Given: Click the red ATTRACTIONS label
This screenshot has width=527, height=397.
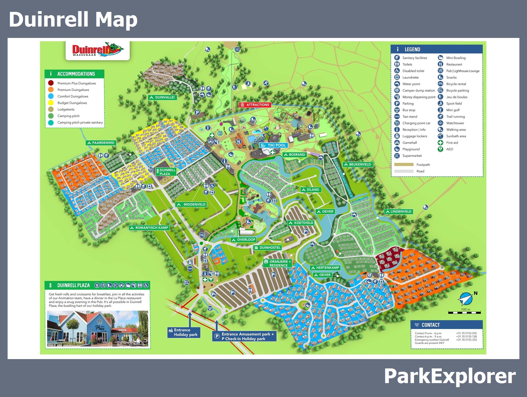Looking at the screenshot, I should pyautogui.click(x=255, y=105).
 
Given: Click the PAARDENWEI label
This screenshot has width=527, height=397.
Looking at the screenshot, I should pyautogui.click(x=101, y=143).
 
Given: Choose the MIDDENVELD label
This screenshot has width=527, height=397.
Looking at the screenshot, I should pyautogui.click(x=192, y=204).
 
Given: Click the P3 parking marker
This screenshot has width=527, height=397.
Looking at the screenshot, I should pyautogui.click(x=306, y=231).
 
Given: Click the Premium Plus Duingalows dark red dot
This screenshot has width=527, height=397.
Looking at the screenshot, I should pyautogui.click(x=51, y=83).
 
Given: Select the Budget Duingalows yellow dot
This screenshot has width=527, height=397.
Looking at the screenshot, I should pyautogui.click(x=51, y=103).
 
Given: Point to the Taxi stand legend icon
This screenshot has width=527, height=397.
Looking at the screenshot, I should pyautogui.click(x=397, y=117).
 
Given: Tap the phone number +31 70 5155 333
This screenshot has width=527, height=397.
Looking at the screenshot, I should pyautogui.click(x=466, y=340).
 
